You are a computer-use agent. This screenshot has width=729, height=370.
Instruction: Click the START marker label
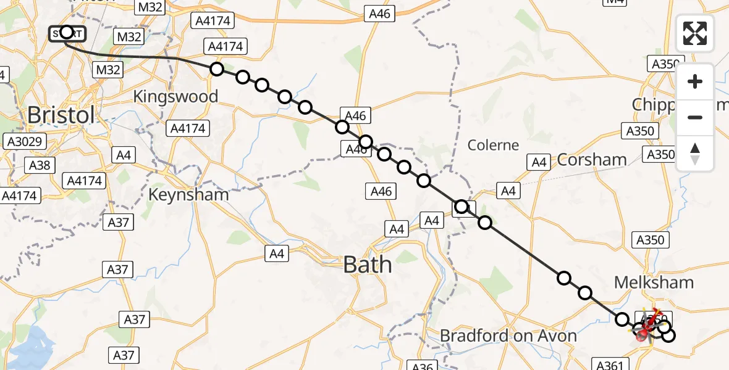(x=67, y=33)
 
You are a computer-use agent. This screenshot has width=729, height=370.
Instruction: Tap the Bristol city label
(x=61, y=115)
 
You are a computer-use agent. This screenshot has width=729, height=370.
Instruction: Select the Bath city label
(x=367, y=265)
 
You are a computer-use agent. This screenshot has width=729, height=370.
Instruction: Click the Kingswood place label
(x=175, y=96)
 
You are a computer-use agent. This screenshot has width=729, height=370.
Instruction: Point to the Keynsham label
(x=188, y=195)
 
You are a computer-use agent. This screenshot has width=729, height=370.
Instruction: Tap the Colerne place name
(x=493, y=145)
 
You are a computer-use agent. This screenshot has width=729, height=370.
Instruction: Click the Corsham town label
(x=592, y=160)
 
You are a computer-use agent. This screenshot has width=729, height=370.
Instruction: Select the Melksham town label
(x=654, y=282)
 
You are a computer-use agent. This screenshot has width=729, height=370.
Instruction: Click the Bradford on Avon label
(x=508, y=336)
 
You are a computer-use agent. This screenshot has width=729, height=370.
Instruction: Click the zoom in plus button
(x=695, y=81)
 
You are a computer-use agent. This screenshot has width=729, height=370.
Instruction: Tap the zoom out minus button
(x=695, y=117)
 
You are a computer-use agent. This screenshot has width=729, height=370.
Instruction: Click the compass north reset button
(x=695, y=153)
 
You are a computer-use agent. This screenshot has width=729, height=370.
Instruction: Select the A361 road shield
(x=612, y=364)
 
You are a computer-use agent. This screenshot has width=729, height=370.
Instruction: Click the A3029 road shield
(x=24, y=141)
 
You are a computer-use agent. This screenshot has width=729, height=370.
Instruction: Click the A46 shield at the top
(x=379, y=13)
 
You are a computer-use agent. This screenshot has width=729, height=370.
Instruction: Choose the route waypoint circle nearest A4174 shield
(x=216, y=68)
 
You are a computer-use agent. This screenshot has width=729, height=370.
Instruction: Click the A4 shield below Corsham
(x=508, y=191)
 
